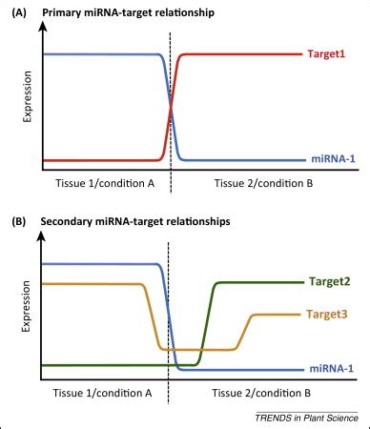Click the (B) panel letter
point(18,221)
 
